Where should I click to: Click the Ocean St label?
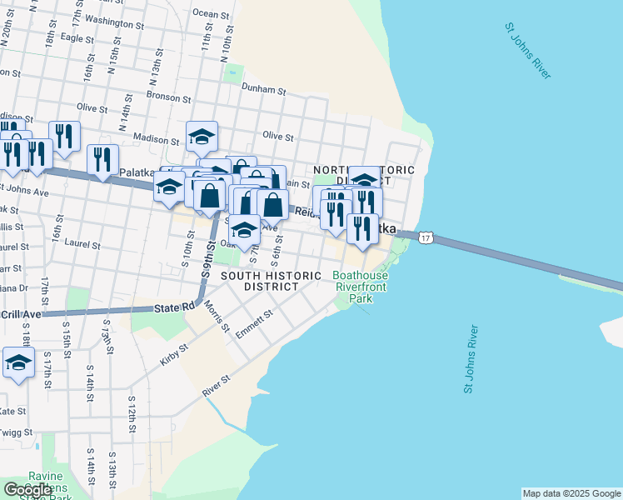click(x=211, y=13)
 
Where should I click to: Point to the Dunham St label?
click(x=263, y=87)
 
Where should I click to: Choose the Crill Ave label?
click(x=21, y=314)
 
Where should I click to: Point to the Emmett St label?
click(x=254, y=324)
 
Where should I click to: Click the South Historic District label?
click(x=260, y=281)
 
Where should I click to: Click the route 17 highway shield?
click(x=426, y=238)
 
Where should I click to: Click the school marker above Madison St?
click(x=202, y=136)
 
